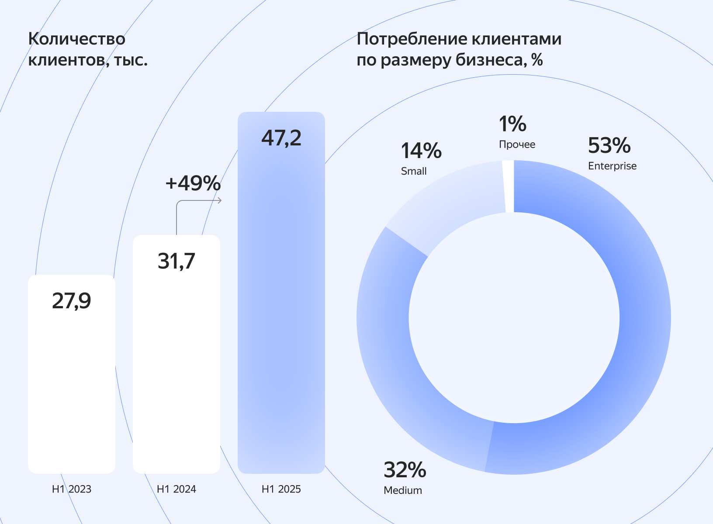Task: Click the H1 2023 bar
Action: pos(72,384)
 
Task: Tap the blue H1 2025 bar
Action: pos(281,306)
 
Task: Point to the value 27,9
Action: pos(72,301)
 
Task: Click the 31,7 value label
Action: pos(177,261)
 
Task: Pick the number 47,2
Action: pos(281,138)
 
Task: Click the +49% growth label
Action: pos(193,183)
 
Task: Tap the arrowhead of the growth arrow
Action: pos(220,200)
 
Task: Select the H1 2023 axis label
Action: pos(72,489)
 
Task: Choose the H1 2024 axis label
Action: pos(177,489)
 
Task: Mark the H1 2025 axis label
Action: pos(281,489)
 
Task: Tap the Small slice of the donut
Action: pos(450,201)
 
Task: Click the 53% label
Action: pos(609,145)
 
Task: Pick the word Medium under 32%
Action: pos(403,490)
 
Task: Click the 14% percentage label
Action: pos(421,151)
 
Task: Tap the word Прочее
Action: pos(517,145)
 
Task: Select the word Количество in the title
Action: pos(77,39)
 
